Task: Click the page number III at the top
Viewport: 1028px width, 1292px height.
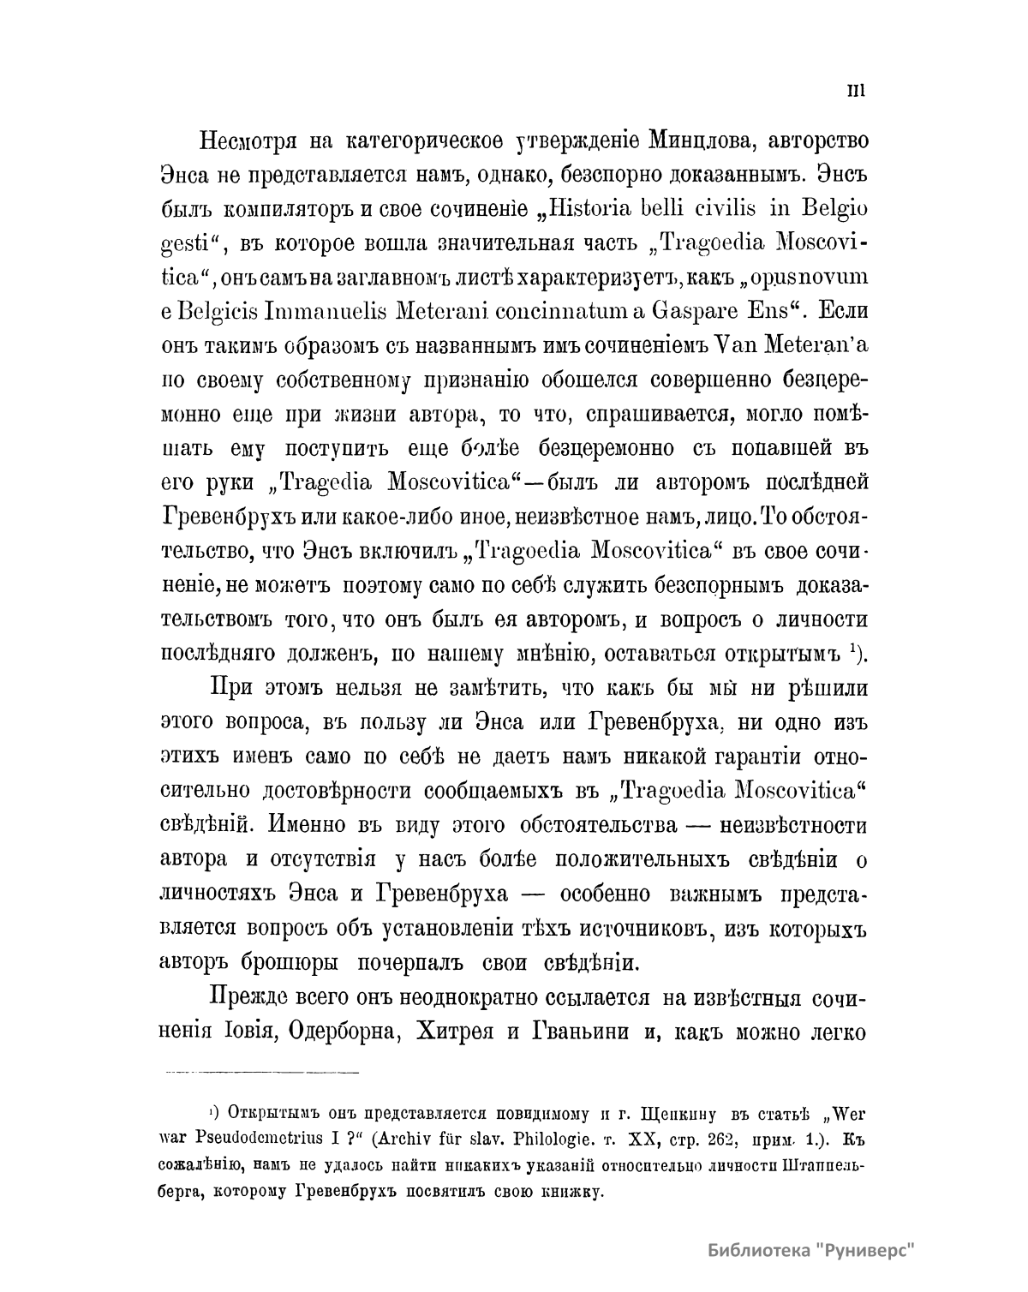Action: click(858, 93)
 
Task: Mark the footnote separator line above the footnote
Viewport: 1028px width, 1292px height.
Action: click(260, 1071)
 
